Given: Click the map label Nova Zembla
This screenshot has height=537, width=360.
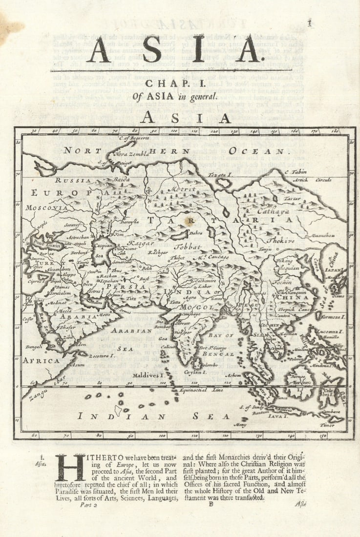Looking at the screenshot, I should pyautogui.click(x=128, y=154).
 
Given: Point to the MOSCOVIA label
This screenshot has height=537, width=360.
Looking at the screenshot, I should pyautogui.click(x=48, y=207).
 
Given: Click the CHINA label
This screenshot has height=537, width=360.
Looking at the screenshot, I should pyautogui.click(x=293, y=297).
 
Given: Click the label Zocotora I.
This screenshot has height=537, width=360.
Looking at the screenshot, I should pyautogui.click(x=102, y=355).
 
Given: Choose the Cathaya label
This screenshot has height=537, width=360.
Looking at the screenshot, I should pyautogui.click(x=275, y=212).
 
